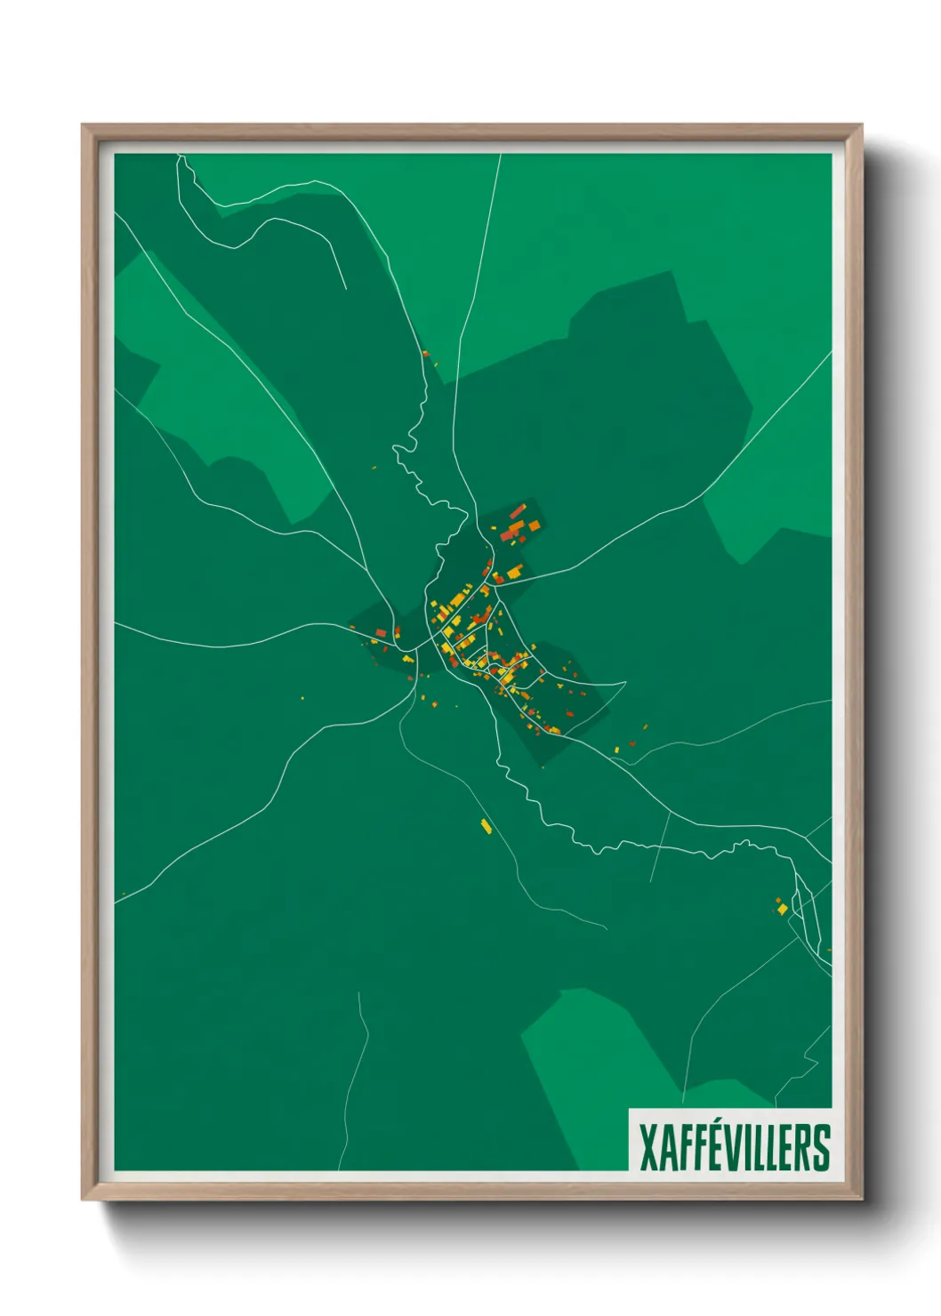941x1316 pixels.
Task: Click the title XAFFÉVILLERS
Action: click(x=735, y=1148)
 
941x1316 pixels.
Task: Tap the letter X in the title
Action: click(x=649, y=1148)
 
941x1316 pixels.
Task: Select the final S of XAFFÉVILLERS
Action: click(x=822, y=1148)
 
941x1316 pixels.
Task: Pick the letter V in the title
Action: click(x=731, y=1148)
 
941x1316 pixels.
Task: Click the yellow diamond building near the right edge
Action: click(x=783, y=908)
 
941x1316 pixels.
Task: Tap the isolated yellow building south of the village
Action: click(x=486, y=826)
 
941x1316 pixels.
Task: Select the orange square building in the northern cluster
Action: click(x=535, y=527)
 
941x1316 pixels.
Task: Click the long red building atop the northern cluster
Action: click(x=518, y=510)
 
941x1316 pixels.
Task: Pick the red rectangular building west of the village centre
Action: click(x=381, y=633)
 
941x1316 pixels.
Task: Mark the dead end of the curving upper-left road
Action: click(x=345, y=288)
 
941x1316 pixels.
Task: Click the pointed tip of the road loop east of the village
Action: click(x=625, y=683)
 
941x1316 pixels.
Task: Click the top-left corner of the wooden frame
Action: click(x=84, y=126)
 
